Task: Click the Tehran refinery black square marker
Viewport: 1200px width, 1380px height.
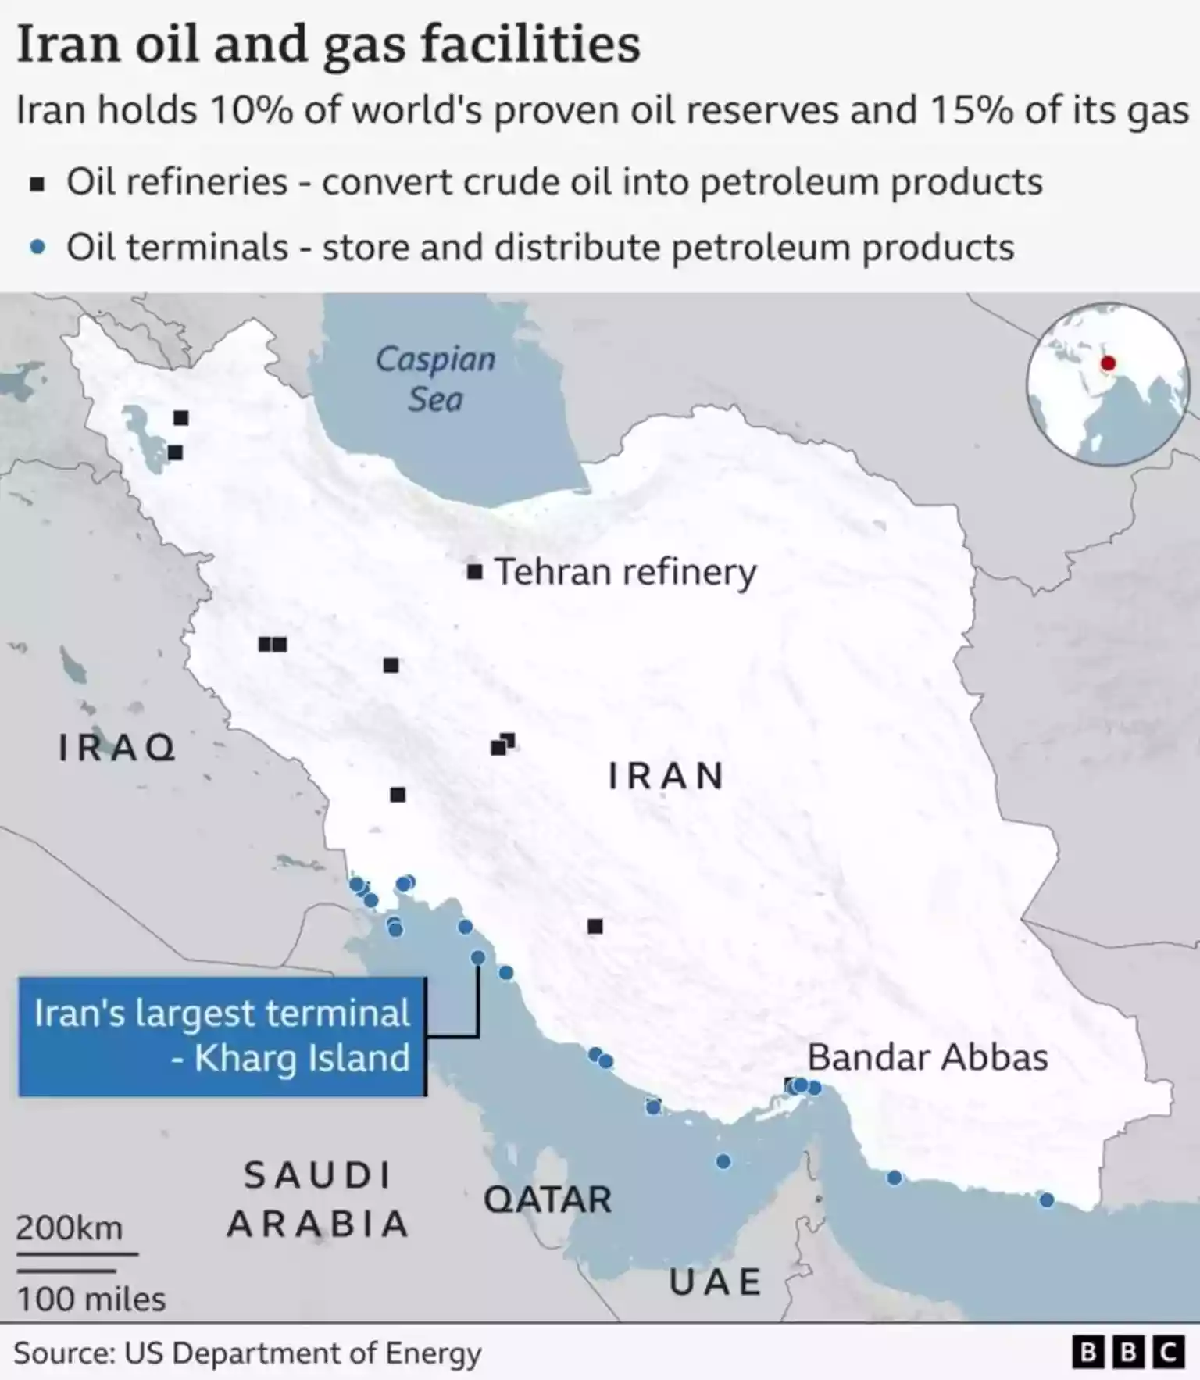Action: coord(474,572)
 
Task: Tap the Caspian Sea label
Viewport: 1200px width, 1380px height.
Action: coord(436,379)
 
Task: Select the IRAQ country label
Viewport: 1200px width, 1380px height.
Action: coord(117,748)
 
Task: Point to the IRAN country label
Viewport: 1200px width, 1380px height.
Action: coord(666,776)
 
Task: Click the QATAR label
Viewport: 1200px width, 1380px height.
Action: coord(547,1199)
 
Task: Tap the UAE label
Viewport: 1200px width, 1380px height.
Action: coord(716,1282)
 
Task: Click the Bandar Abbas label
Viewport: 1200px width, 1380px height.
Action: coord(927,1057)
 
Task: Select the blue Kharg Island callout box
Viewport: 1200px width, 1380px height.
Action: coord(222,1035)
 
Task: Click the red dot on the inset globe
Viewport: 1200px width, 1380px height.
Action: coord(1108,363)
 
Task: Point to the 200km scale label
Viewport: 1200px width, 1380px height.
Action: coord(70,1228)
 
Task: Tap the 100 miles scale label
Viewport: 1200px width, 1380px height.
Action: coord(91,1300)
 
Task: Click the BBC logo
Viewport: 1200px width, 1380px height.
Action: coord(1128,1353)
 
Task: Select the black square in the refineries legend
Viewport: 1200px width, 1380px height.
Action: coord(37,184)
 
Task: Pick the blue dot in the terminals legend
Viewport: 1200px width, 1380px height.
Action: coord(37,248)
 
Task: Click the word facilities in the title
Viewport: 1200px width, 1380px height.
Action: coord(530,45)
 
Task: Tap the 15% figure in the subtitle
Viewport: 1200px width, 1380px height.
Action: coord(971,110)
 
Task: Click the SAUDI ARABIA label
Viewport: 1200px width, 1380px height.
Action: coord(317,1199)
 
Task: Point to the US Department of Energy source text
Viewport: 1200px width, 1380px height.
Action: coord(303,1353)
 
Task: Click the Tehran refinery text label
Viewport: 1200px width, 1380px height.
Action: coord(625,572)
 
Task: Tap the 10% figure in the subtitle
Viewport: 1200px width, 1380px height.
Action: coord(251,110)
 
